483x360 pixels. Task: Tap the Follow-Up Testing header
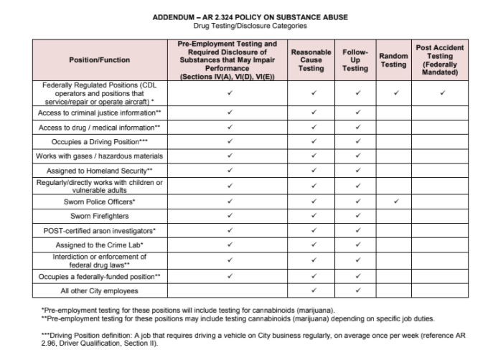357,60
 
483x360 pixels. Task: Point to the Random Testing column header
393,60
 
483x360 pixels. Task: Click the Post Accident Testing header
439,60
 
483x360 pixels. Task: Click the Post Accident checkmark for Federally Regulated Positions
443,93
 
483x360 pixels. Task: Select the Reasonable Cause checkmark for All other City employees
314,290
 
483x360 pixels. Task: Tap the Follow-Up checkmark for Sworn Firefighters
357,217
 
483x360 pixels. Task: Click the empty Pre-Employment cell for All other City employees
230,290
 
